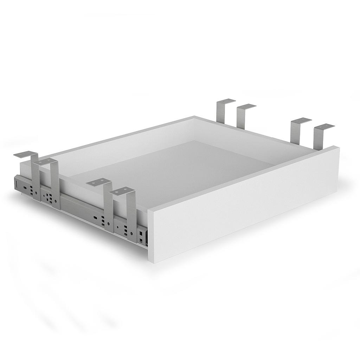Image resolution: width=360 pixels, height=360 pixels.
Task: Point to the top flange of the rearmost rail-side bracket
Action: [25, 154]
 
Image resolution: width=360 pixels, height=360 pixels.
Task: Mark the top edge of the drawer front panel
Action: [243, 178]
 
